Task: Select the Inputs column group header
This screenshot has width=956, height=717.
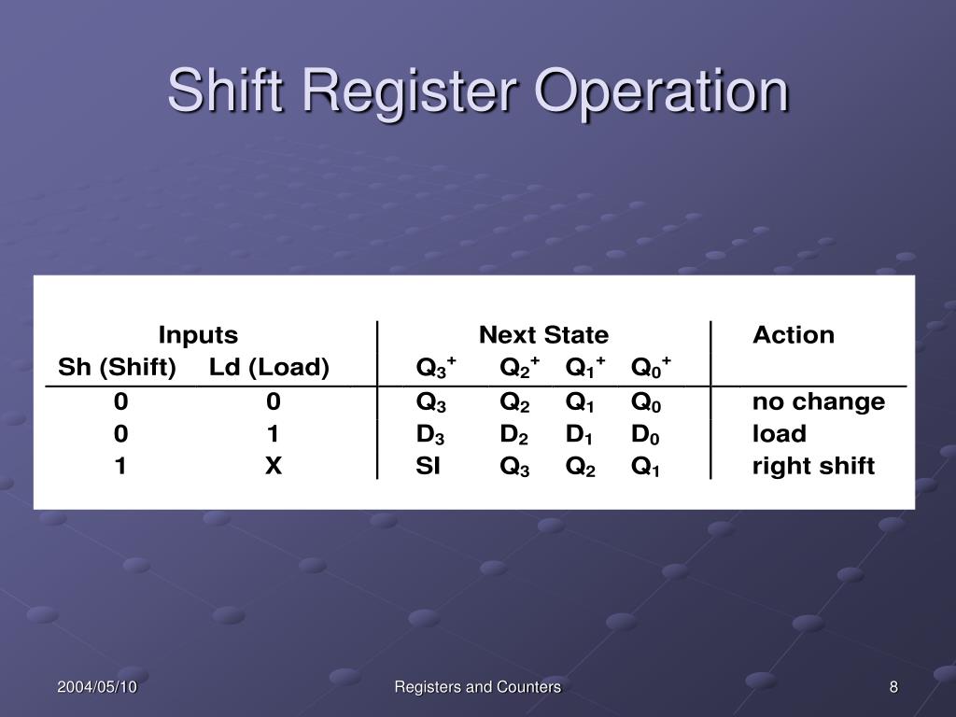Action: point(197,335)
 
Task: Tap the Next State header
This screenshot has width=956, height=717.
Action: point(543,335)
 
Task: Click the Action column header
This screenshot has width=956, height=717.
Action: point(794,335)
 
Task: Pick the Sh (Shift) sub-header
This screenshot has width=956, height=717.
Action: point(117,368)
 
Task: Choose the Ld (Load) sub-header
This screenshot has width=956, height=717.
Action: point(269,368)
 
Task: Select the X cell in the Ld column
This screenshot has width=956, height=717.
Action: point(273,466)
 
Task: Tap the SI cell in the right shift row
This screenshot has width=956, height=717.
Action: point(428,466)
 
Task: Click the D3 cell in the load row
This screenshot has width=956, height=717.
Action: point(430,434)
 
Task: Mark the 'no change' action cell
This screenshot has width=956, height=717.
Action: point(819,402)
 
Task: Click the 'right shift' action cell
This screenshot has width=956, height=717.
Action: point(814,466)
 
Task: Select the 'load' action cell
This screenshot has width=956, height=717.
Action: point(780,434)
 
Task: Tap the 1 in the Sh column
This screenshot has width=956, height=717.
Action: point(120,466)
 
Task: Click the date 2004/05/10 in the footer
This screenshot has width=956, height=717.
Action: point(97,687)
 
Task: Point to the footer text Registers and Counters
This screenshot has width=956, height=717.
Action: point(477,687)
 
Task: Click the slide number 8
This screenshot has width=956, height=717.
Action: point(893,687)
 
